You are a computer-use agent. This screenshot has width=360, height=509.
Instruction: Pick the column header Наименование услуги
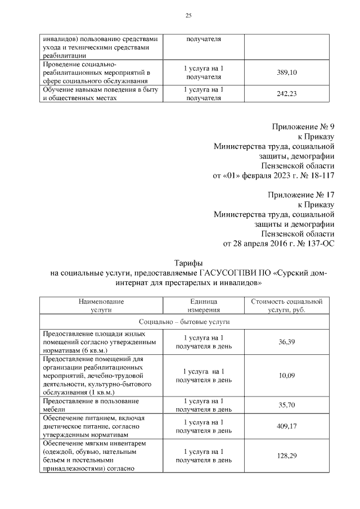[101, 305]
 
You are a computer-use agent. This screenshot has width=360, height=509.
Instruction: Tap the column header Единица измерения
[200, 305]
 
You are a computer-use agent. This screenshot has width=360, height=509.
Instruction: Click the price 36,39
[286, 341]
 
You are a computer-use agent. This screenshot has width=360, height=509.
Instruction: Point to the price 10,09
[286, 375]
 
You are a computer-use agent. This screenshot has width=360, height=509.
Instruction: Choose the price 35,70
[286, 405]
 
